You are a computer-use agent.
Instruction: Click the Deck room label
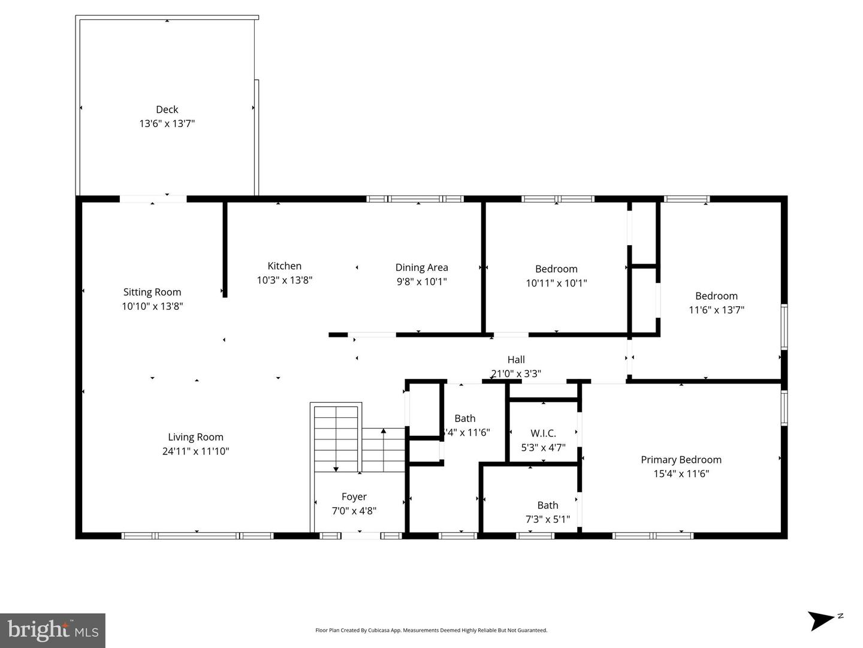(x=167, y=109)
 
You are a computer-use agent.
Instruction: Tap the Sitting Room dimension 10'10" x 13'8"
(x=152, y=306)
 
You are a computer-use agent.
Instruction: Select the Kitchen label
(x=284, y=266)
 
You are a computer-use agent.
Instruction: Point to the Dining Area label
(x=421, y=267)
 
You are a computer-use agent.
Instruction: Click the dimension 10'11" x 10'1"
(x=556, y=283)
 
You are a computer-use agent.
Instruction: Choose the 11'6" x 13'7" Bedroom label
(x=716, y=296)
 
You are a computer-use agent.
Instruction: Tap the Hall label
(x=516, y=360)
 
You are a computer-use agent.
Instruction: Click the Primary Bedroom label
(x=681, y=460)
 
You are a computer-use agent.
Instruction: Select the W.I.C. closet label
(x=543, y=433)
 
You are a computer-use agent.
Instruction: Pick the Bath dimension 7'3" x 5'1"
(x=548, y=519)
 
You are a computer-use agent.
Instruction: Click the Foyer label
(x=354, y=496)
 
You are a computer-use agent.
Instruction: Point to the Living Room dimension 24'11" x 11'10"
(x=195, y=451)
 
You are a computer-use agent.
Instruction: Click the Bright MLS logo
(x=53, y=630)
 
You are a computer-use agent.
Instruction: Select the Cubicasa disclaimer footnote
(x=431, y=630)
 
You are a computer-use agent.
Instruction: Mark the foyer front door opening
(x=360, y=535)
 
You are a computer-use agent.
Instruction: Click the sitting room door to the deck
(x=153, y=199)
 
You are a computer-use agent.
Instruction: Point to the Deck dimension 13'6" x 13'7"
(x=167, y=123)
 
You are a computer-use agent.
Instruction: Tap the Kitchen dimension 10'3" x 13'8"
(x=284, y=280)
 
